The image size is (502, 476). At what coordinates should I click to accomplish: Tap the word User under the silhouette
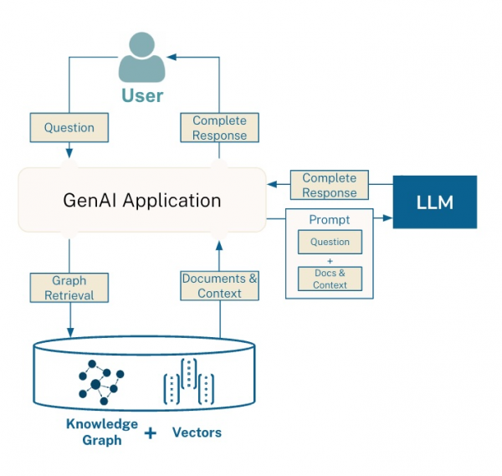point(142,95)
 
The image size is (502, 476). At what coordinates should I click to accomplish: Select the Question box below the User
point(69,128)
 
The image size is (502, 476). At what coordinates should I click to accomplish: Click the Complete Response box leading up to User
point(219,128)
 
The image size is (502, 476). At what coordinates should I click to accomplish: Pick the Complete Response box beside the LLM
point(329,185)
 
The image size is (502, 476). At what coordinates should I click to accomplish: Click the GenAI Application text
point(142,201)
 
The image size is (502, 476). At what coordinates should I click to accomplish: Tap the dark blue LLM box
point(434,202)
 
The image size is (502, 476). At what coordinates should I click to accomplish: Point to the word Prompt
point(330,220)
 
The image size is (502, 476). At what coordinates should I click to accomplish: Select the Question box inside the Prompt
point(330,243)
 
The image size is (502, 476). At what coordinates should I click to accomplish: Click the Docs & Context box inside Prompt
point(330,279)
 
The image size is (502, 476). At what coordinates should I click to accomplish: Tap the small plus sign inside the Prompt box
point(330,261)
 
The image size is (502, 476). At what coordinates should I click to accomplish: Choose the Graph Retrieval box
point(69,287)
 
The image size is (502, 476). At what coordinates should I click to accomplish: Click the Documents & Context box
point(219,286)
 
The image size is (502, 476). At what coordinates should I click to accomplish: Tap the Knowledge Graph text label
point(102,432)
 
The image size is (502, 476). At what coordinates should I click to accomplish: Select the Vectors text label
point(197,432)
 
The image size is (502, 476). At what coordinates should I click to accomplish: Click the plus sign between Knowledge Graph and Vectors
point(151,433)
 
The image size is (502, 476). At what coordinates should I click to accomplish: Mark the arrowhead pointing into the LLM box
point(388,219)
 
